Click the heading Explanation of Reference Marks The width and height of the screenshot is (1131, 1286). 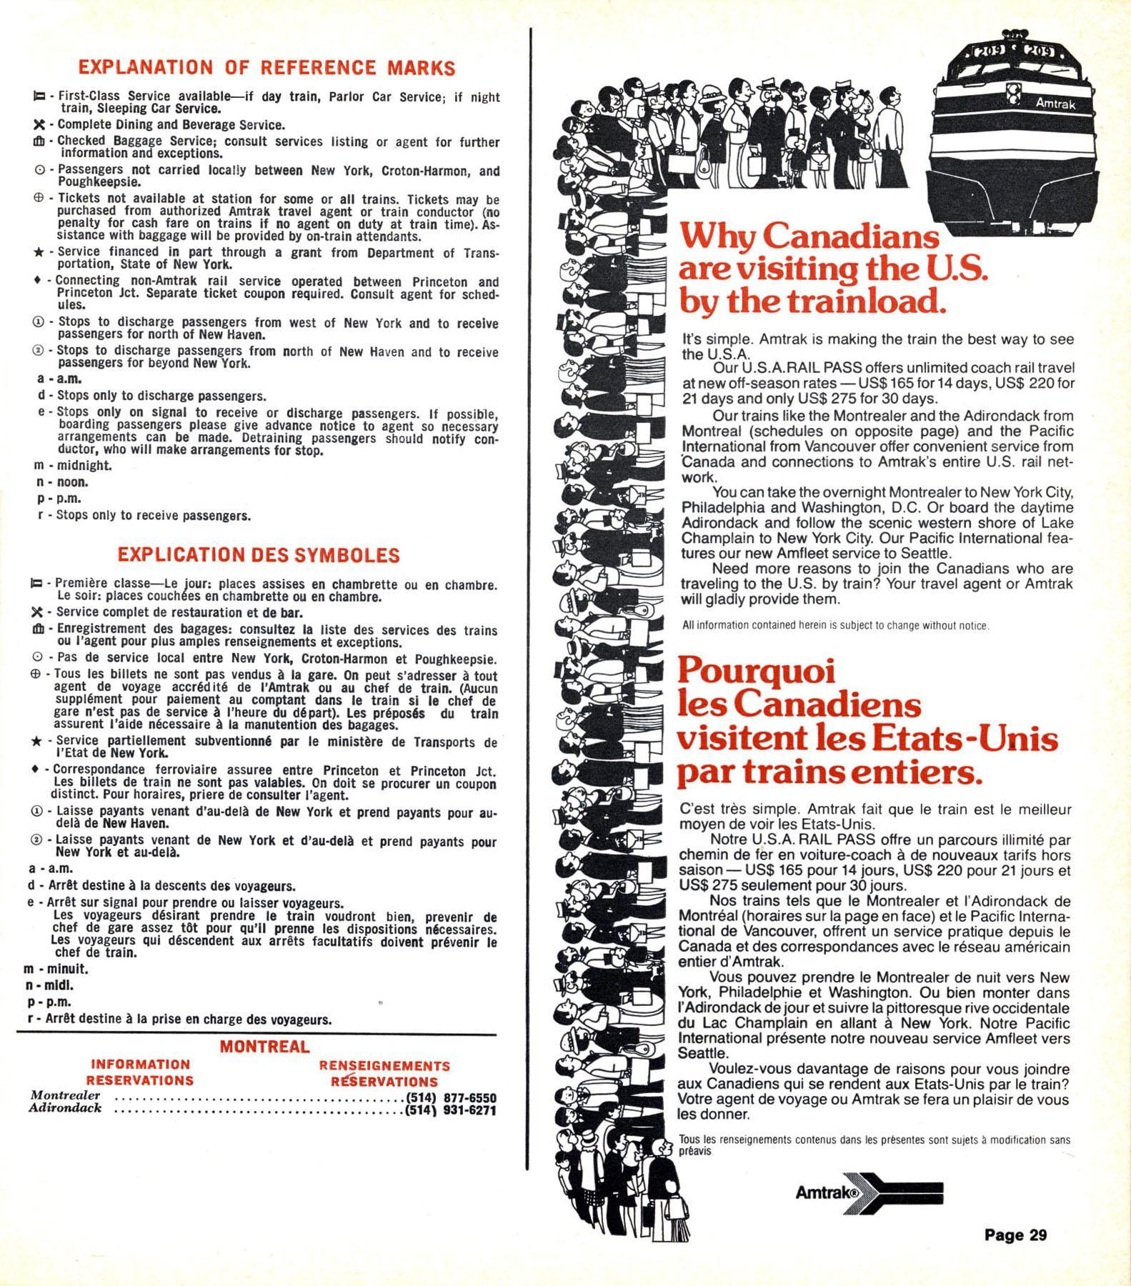coord(266,68)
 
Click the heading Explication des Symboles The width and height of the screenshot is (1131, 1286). coord(259,555)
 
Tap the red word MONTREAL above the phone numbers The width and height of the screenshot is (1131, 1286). coord(264,1047)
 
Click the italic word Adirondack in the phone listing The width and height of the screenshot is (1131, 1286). coord(66,1110)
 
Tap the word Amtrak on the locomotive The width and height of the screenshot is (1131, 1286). coord(1055,104)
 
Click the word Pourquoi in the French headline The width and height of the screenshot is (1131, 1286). coord(747,671)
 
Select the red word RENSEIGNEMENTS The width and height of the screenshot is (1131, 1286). coord(384,1066)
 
